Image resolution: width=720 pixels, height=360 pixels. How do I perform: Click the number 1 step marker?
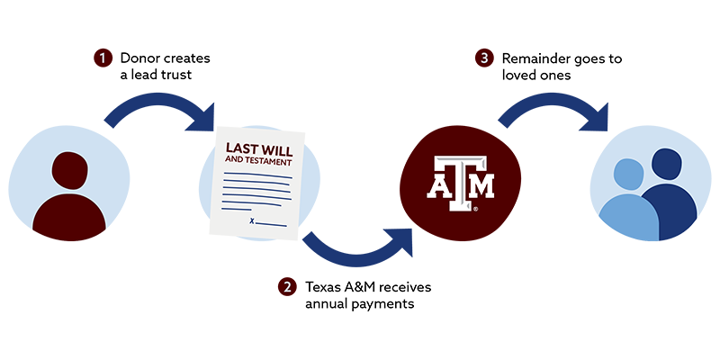tap(103, 58)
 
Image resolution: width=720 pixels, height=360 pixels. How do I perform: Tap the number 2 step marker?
tap(287, 288)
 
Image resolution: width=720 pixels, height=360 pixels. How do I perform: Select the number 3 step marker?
tap(484, 58)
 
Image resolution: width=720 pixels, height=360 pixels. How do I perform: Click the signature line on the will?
tap(272, 223)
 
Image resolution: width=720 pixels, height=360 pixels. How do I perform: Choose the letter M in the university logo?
tap(482, 186)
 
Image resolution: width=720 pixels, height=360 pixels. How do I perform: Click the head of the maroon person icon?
tap(70, 170)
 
